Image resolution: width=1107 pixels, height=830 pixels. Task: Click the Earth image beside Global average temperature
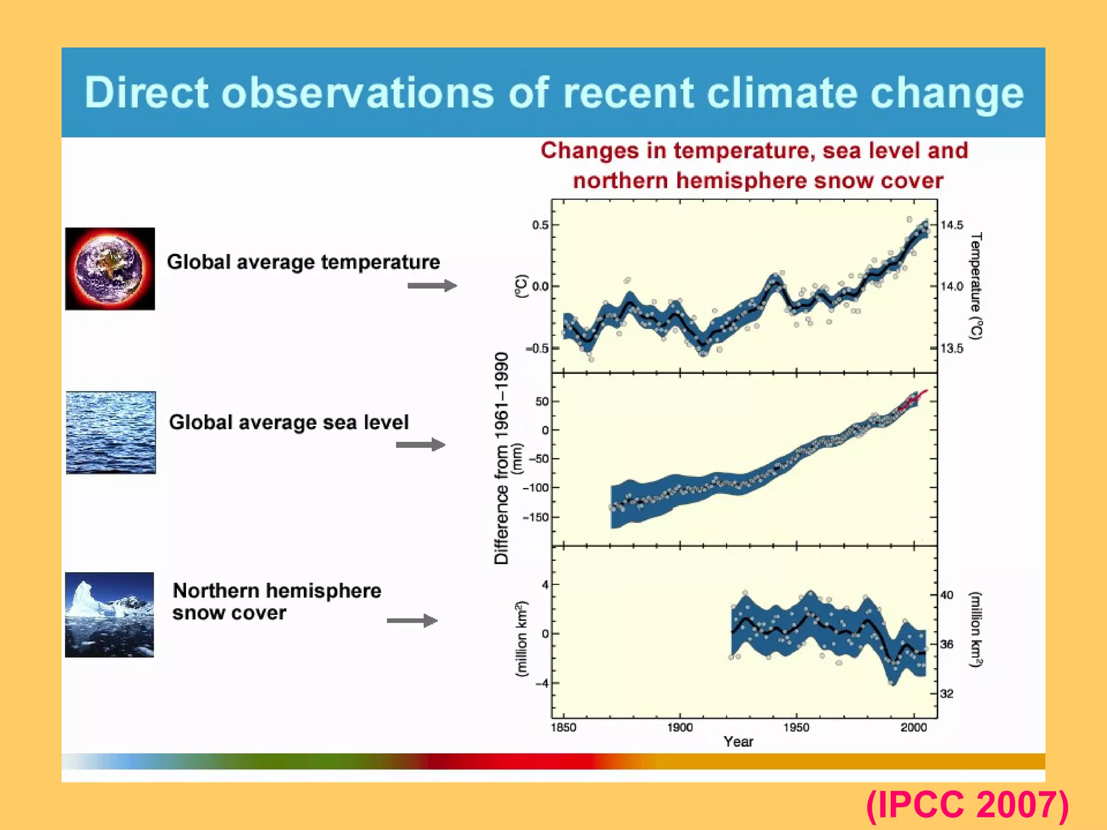[110, 269]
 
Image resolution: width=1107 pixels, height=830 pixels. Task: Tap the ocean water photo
[111, 433]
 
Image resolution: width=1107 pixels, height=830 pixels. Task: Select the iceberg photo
[110, 615]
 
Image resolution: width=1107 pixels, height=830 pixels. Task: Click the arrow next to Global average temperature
[432, 285]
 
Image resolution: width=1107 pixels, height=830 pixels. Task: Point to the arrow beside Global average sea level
[421, 445]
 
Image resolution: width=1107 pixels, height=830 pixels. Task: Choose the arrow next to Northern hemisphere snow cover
[412, 620]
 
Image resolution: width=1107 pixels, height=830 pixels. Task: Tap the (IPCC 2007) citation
[967, 805]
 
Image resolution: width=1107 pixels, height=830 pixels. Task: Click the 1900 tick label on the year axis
[679, 727]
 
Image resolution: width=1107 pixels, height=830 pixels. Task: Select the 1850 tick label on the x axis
[563, 727]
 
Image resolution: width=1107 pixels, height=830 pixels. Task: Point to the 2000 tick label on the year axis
[913, 727]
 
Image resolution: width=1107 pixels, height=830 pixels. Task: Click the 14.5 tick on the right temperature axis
[951, 225]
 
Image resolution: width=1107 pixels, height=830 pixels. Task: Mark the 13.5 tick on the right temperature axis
[951, 349]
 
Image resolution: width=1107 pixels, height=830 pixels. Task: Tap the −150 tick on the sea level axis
[535, 517]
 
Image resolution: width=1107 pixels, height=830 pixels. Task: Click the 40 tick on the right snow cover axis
[946, 595]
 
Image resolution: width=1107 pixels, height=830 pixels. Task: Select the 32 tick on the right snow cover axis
[946, 693]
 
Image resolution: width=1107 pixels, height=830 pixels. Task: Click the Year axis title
[738, 742]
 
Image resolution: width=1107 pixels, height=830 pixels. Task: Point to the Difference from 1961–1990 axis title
[502, 458]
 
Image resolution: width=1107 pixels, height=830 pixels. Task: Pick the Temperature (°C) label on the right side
[976, 286]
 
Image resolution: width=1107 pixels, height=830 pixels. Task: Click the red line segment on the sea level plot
[918, 396]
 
